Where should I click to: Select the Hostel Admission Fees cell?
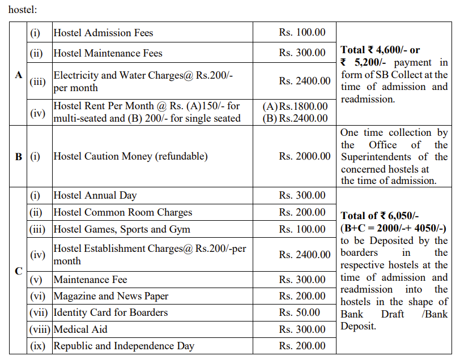pos(103,33)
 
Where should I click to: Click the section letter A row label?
pos(19,75)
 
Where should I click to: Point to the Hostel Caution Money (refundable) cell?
pos(130,156)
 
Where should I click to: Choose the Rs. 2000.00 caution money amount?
pos(305,156)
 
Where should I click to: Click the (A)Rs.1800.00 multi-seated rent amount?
pos(295,106)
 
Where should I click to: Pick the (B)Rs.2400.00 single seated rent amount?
pos(295,118)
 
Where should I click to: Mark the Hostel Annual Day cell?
pos(95,196)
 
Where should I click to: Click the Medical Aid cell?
pos(80,329)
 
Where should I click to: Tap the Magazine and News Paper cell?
pos(110,296)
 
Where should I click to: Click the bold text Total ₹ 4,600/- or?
pos(380,50)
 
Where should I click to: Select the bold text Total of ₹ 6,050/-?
pos(380,215)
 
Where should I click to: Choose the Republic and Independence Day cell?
pos(123,346)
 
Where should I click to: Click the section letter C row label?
pos(19,271)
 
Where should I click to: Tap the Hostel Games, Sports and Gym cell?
pos(122,229)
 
